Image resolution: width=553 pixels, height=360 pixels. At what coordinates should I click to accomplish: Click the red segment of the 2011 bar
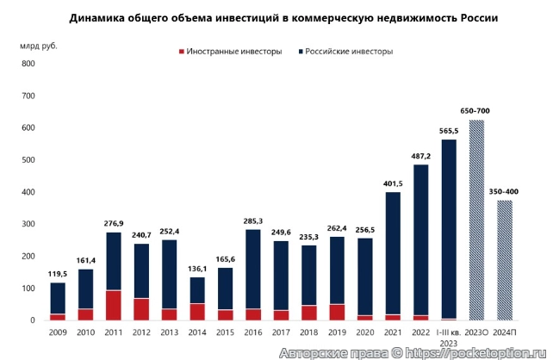click(114, 305)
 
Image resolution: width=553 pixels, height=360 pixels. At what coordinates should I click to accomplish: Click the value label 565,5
click(449, 131)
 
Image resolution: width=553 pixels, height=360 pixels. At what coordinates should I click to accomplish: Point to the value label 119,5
click(58, 274)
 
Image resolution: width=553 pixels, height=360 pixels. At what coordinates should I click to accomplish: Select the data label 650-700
click(475, 111)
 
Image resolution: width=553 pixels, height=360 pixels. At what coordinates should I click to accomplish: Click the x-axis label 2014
click(197, 332)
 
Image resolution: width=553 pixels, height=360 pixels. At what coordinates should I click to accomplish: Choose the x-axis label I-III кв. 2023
click(449, 337)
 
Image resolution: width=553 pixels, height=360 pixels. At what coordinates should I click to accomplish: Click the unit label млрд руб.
click(39, 45)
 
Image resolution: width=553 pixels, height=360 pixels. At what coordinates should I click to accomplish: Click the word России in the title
click(476, 16)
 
